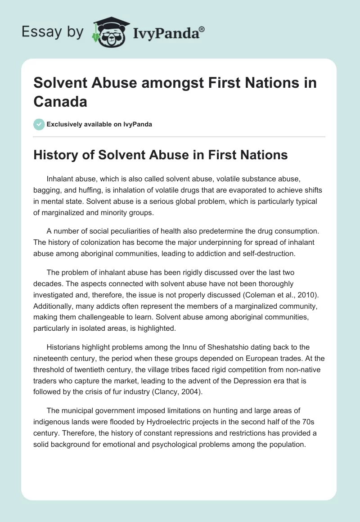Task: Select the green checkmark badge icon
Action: (x=39, y=124)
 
